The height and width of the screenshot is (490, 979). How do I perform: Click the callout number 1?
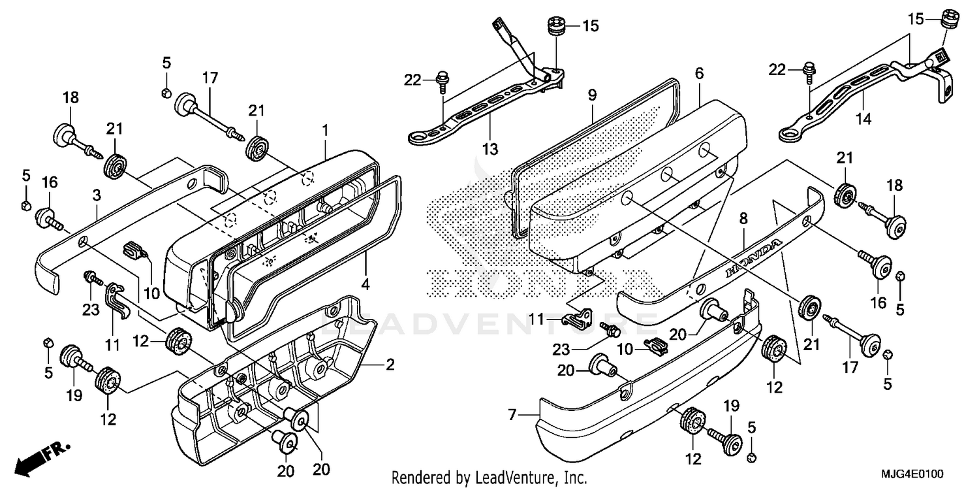[324, 131]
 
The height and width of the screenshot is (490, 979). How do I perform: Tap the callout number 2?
[390, 365]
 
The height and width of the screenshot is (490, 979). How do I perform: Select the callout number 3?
[96, 195]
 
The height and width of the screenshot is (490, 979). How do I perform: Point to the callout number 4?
[366, 285]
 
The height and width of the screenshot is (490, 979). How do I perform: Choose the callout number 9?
[592, 95]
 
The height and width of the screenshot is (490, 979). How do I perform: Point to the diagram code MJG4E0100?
[914, 474]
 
